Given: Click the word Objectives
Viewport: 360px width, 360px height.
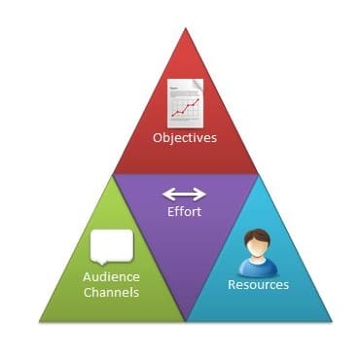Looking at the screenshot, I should tap(184, 137).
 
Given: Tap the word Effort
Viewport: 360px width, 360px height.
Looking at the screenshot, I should tap(183, 211).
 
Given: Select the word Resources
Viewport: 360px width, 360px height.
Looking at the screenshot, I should tap(258, 285).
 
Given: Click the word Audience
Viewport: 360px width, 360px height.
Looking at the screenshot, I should tap(110, 276).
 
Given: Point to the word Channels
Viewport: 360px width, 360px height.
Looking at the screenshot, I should tap(110, 292).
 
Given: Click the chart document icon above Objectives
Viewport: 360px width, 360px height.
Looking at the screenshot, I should tap(185, 101).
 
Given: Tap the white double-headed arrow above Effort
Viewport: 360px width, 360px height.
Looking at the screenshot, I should tap(183, 193).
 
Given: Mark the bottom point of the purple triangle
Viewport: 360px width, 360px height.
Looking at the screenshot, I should tap(185, 321).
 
